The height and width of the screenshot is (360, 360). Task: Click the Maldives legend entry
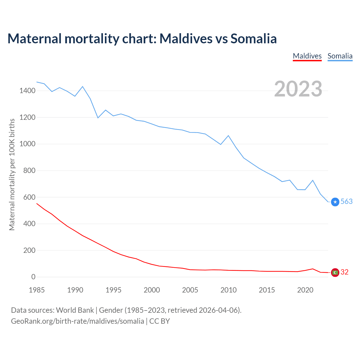307,56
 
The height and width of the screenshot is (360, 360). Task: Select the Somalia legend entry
340,56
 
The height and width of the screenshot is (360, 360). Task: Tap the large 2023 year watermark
298,89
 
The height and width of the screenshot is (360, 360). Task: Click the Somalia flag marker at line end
335,202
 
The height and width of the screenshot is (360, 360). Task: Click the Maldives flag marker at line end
335,272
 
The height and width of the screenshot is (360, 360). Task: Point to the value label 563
346,202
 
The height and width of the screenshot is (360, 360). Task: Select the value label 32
345,272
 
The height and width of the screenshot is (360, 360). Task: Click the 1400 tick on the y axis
27,91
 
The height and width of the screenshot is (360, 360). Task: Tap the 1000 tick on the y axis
27,144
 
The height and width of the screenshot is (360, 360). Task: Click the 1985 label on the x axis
37,290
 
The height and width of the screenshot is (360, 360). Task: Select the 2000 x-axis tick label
152,290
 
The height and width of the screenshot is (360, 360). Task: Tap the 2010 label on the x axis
228,290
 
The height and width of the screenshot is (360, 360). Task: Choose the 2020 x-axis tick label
305,290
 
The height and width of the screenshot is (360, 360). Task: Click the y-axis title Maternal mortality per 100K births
12,174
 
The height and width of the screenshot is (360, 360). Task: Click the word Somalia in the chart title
254,39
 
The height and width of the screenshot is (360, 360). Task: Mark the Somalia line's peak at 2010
228,136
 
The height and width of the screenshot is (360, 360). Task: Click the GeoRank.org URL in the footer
77,321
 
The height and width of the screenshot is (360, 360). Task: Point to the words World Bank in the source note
75,310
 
